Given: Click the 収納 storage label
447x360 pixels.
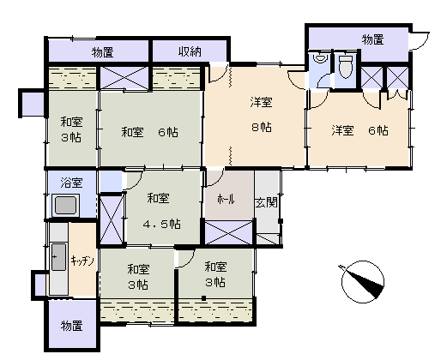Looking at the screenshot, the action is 190,51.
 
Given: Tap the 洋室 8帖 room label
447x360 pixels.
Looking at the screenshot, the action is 261,114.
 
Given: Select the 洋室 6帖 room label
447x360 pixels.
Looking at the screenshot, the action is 359,130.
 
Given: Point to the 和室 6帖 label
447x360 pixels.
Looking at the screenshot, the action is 149,132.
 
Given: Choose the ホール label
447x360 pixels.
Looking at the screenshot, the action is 226,199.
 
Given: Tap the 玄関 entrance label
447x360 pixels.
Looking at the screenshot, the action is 266,202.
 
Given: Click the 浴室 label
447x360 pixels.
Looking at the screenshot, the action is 71,183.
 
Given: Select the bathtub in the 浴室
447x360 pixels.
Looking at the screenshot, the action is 66,206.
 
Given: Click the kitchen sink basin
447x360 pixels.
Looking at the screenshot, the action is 59,257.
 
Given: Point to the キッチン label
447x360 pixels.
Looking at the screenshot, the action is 82,261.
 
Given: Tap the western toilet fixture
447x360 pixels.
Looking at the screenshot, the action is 346,67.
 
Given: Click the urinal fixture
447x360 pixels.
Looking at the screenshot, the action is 320,58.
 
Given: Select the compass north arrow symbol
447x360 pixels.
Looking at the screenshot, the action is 363,281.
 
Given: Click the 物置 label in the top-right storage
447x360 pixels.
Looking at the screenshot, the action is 372,39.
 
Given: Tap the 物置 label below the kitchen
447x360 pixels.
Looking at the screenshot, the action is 72,326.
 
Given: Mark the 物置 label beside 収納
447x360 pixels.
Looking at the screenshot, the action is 103,52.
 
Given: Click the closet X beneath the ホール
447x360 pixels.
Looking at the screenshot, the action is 229,232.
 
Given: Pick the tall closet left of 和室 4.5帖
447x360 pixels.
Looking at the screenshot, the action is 112,219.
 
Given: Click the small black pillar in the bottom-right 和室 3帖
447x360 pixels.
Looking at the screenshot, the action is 203,298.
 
